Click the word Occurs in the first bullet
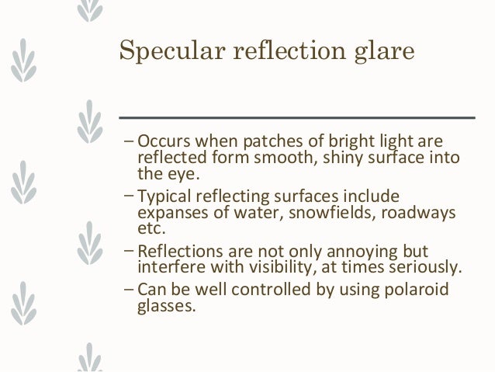coord(164,143)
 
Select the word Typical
coord(165,195)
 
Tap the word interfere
coord(167,268)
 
